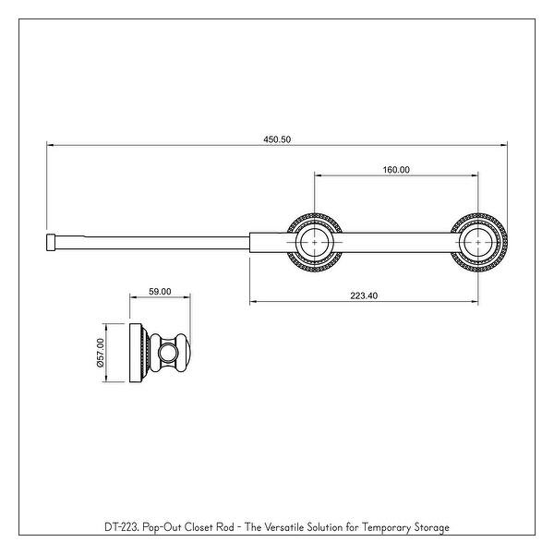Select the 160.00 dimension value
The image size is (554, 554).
pyautogui.click(x=396, y=169)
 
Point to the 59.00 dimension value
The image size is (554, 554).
pyautogui.click(x=160, y=292)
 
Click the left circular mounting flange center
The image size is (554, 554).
pyautogui.click(x=315, y=244)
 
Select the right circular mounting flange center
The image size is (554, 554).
pyautogui.click(x=478, y=244)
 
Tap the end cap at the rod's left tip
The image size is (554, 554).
pyautogui.click(x=52, y=243)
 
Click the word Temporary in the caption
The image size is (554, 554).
pyautogui.click(x=379, y=527)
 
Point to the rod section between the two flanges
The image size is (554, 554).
pyautogui.click(x=397, y=244)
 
